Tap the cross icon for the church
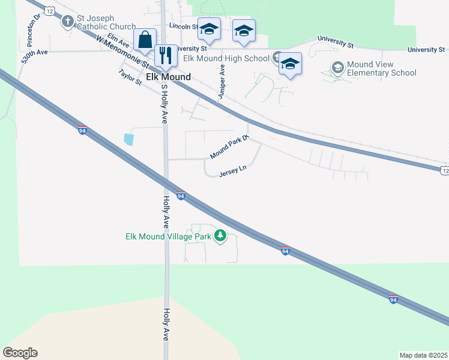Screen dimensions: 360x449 pyautogui.click(x=68, y=22)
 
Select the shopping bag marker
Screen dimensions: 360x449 pyautogui.click(x=145, y=40)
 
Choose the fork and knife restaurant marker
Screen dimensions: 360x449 pyautogui.click(x=165, y=55)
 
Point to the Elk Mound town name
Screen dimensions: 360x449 pyautogui.click(x=169, y=77)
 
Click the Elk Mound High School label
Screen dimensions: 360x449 pyautogui.click(x=226, y=58)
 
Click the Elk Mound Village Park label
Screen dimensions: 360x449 pyautogui.click(x=168, y=236)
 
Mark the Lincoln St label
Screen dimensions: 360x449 pyautogui.click(x=183, y=26)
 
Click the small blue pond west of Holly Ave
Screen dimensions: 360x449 pyautogui.click(x=128, y=139)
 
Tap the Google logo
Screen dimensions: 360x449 pyautogui.click(x=20, y=353)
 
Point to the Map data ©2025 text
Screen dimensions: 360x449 pyautogui.click(x=423, y=355)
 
